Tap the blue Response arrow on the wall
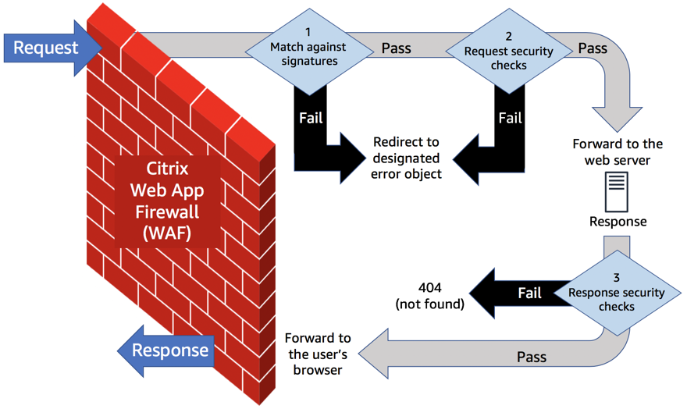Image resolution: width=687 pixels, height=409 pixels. click(166, 350)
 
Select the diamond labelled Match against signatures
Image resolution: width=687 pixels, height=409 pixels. click(309, 52)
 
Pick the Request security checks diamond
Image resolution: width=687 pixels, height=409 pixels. click(509, 52)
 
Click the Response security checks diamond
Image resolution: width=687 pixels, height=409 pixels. click(617, 293)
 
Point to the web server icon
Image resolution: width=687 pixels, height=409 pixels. click(617, 192)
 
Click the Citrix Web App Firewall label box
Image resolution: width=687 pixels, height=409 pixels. click(167, 201)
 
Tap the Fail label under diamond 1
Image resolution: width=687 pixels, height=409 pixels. click(311, 118)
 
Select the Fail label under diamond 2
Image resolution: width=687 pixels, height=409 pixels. click(510, 118)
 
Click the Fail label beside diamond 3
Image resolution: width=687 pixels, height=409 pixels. click(530, 293)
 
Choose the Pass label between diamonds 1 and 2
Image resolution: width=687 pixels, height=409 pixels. click(396, 48)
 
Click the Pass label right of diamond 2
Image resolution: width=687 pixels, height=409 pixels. click(593, 48)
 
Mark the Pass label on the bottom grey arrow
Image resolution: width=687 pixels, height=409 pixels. click(532, 357)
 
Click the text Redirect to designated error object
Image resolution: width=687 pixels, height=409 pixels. click(406, 158)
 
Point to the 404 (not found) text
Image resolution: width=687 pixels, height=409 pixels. click(430, 296)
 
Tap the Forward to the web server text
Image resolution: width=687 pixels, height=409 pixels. click(618, 152)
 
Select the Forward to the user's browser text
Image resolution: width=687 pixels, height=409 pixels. click(318, 354)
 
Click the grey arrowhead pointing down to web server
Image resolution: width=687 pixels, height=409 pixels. click(618, 119)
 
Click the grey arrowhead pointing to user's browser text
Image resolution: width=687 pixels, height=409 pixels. click(374, 354)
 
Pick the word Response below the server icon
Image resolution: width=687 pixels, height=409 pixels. click(618, 222)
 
